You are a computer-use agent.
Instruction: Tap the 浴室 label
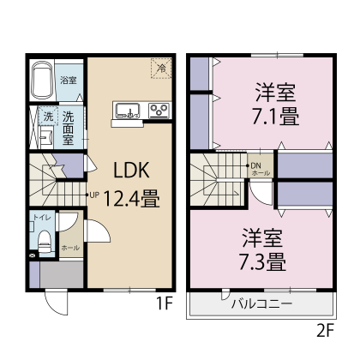(69, 81)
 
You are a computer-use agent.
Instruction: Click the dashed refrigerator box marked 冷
(159, 69)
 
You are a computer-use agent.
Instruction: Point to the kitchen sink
(128, 109)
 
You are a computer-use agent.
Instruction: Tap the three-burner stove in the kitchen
(159, 109)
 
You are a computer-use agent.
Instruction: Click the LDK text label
(132, 169)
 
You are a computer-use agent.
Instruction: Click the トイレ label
(41, 219)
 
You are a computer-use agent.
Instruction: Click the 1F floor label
(165, 303)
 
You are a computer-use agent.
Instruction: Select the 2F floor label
(326, 328)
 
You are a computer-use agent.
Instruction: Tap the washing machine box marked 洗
(48, 116)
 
